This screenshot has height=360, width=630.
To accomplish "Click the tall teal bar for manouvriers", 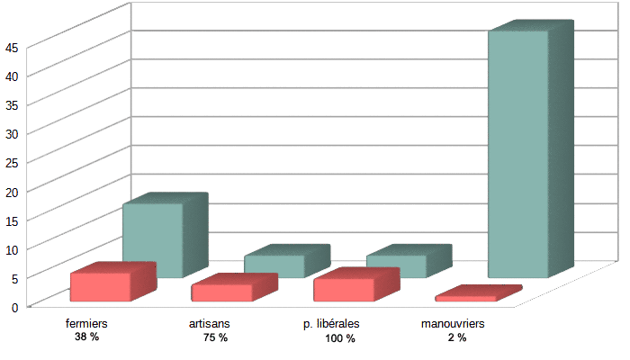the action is tap(530, 148).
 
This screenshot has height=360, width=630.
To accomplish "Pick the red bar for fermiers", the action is tap(112, 282).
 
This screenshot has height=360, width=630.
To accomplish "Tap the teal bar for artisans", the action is tap(286, 260).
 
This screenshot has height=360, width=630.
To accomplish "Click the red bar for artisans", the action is tap(234, 288).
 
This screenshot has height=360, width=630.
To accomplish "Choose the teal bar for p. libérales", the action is tap(409, 260).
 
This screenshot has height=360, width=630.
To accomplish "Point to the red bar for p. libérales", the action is tap(356, 284).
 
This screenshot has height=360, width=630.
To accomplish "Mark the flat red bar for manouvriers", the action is tap(478, 293).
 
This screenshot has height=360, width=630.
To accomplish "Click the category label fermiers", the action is tap(86, 323).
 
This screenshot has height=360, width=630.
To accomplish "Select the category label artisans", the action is tap(210, 323).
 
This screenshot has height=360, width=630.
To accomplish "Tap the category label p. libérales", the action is tap(331, 324).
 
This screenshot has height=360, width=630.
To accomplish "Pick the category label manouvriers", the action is tap(453, 323).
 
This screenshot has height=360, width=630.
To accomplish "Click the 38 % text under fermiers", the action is tap(86, 337).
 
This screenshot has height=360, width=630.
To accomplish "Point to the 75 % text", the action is tap(215, 337).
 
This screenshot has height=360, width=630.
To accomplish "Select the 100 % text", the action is tap(340, 338).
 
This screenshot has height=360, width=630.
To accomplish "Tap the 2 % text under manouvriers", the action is tap(457, 337).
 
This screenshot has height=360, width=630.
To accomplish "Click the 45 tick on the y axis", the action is tap(12, 49).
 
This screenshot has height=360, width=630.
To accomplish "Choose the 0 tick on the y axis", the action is tap(15, 308).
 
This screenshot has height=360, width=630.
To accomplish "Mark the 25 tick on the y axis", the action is tap(12, 163).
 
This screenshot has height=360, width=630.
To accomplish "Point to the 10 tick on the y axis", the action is tap(12, 250).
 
